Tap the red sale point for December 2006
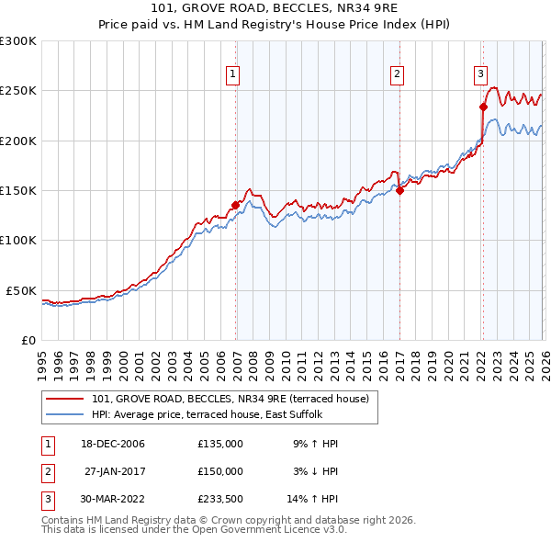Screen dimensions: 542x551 tap(235, 206)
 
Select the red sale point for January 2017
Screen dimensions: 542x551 tap(399, 191)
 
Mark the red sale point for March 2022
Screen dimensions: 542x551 tap(483, 107)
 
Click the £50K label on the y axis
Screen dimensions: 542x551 tap(22, 290)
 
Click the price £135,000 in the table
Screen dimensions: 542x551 tap(220, 444)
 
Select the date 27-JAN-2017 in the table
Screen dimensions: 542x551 tap(115, 470)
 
